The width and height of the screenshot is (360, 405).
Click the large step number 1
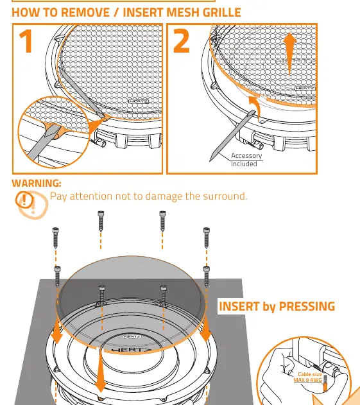click(26, 40)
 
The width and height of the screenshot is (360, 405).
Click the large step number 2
click(182, 40)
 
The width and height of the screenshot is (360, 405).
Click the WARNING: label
click(37, 184)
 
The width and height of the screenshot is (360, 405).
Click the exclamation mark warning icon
click(24, 200)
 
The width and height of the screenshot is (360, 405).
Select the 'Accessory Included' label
click(246, 160)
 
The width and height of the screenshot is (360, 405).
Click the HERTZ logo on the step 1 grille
click(139, 101)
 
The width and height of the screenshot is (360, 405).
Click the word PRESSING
click(307, 306)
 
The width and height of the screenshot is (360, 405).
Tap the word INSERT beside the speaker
click(239, 306)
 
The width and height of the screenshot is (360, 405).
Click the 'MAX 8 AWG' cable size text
click(308, 380)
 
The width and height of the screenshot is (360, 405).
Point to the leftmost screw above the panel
click(56, 237)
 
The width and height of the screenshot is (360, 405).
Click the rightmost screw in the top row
click(207, 237)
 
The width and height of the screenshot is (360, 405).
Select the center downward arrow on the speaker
click(100, 370)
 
